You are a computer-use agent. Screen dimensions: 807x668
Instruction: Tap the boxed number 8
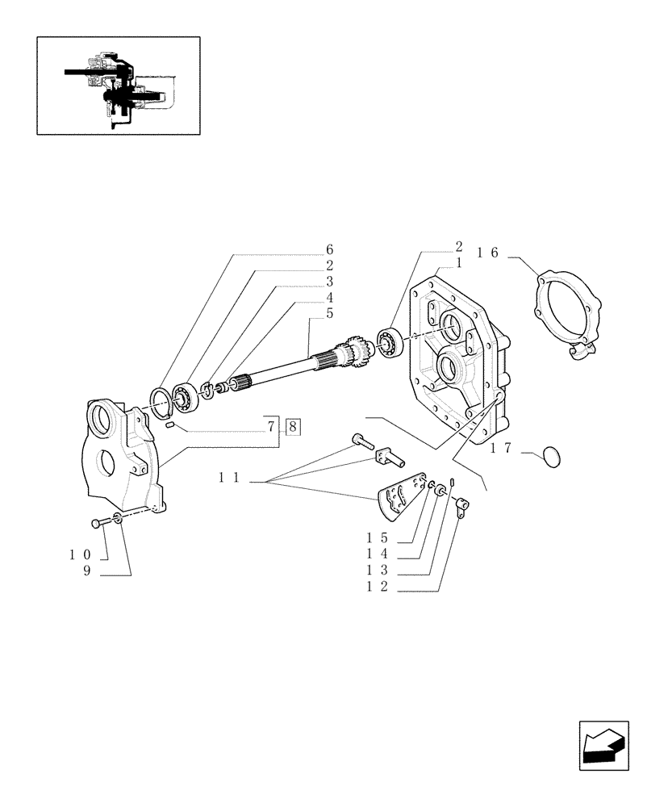[292, 425]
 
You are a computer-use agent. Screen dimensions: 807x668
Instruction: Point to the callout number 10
[78, 555]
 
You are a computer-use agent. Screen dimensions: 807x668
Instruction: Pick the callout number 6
[329, 249]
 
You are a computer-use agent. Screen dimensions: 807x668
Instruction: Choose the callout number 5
[329, 312]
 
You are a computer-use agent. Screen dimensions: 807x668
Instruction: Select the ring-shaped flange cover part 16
[566, 314]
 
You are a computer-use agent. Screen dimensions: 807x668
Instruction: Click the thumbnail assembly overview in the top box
[118, 85]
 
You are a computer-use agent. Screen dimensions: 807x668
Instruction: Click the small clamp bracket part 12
[462, 507]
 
